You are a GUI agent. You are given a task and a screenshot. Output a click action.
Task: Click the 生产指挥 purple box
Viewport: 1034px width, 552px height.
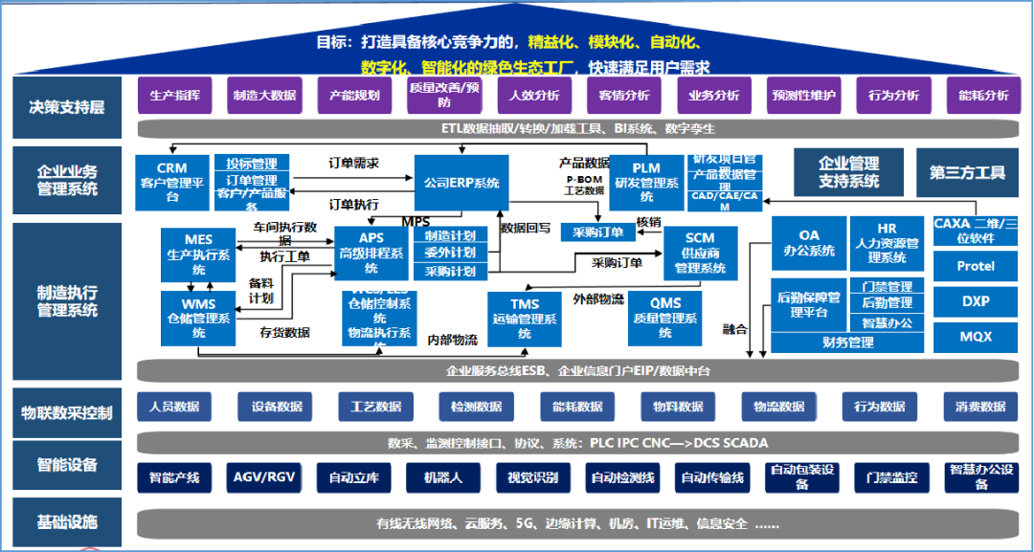coord(175,96)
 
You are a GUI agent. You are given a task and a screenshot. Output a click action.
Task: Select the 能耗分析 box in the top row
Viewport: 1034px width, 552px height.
coord(983,96)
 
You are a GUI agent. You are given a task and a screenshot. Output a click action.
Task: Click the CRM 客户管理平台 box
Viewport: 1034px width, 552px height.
coord(172,182)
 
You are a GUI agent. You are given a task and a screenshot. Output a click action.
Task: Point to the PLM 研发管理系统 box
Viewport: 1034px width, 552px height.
coord(647,182)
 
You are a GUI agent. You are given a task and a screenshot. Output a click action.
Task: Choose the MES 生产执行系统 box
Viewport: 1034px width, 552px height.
coord(199,254)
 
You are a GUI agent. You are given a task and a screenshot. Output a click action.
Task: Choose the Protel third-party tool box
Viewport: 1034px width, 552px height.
coord(976,266)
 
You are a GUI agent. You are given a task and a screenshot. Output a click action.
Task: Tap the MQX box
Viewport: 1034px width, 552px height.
coord(976,337)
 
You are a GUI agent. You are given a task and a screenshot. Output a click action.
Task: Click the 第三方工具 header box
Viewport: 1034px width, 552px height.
coord(967,173)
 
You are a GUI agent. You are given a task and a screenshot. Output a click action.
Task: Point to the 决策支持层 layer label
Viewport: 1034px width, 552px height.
coord(67,107)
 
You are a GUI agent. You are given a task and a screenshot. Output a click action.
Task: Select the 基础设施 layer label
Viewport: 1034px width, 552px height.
coord(67,522)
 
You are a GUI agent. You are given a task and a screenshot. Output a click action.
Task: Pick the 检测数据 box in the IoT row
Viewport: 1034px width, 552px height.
coord(476,407)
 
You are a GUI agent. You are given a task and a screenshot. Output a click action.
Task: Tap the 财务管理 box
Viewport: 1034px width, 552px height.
coord(847,342)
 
